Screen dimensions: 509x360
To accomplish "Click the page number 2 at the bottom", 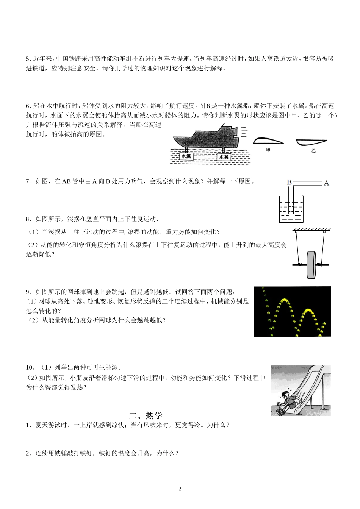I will tap(180, 489).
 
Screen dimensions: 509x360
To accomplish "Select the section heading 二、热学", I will tap(146, 415).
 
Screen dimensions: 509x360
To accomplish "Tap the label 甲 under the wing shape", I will tap(268, 150).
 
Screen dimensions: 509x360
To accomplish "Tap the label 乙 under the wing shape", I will tap(313, 151).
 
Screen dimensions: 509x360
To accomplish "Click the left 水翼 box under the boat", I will tap(186, 156).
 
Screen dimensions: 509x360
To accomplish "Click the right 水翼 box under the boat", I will tap(224, 156).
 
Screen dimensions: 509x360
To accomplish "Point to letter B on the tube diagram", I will tap(289, 182).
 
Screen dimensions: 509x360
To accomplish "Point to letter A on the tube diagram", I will tap(326, 183).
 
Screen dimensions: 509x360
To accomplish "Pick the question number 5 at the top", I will tap(28, 59).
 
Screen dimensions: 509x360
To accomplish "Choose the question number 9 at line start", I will tap(28, 292).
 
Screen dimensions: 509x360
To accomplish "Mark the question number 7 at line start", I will tap(28, 181).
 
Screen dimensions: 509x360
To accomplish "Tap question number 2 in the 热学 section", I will tap(28, 453).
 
